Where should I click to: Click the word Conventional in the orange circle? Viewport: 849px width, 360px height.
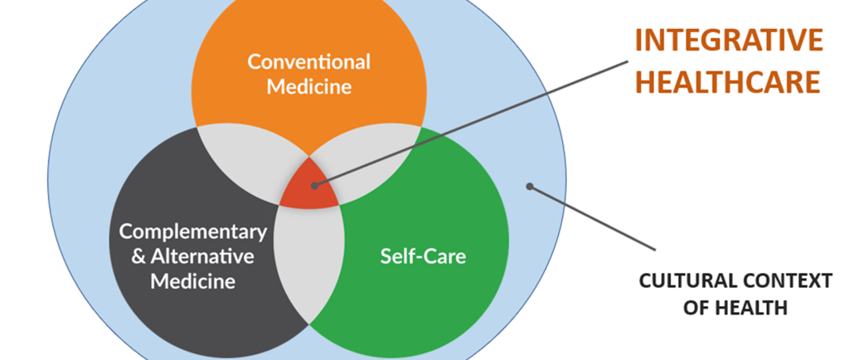point(309,61)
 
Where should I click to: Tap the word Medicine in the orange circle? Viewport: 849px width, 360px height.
point(309,85)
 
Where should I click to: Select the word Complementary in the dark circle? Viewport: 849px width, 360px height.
point(193,231)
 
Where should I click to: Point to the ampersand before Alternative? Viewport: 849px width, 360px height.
point(138,256)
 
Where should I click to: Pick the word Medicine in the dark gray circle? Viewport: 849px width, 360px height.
point(193,281)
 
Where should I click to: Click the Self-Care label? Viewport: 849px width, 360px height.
point(423,255)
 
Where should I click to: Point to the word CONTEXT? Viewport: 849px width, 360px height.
point(783,281)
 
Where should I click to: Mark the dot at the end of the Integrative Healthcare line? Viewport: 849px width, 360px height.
point(317,185)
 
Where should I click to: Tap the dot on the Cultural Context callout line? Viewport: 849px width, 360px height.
point(531,187)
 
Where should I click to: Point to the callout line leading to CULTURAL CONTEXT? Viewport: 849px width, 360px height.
point(593,218)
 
